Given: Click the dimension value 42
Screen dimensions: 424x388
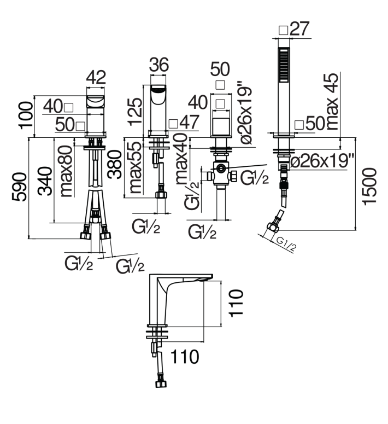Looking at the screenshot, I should tap(96, 77).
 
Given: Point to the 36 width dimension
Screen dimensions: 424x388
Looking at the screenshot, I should tap(159, 65).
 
